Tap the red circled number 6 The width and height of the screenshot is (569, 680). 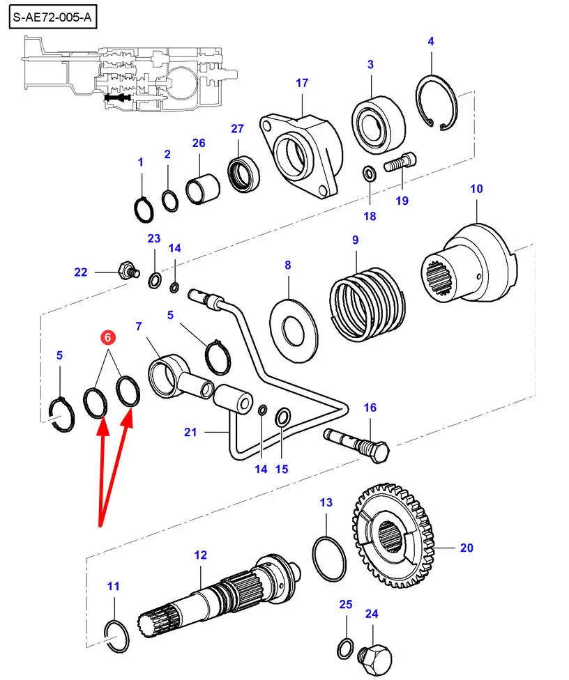[x=107, y=338]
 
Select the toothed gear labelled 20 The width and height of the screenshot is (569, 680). [x=395, y=532]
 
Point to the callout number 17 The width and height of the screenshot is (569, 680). [x=301, y=83]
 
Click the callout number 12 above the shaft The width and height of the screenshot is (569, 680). [x=200, y=555]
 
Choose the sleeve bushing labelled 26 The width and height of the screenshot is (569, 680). [x=203, y=189]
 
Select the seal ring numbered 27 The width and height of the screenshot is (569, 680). [x=243, y=175]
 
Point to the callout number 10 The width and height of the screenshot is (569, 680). [x=476, y=188]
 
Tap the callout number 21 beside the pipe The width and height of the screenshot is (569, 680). [x=190, y=432]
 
